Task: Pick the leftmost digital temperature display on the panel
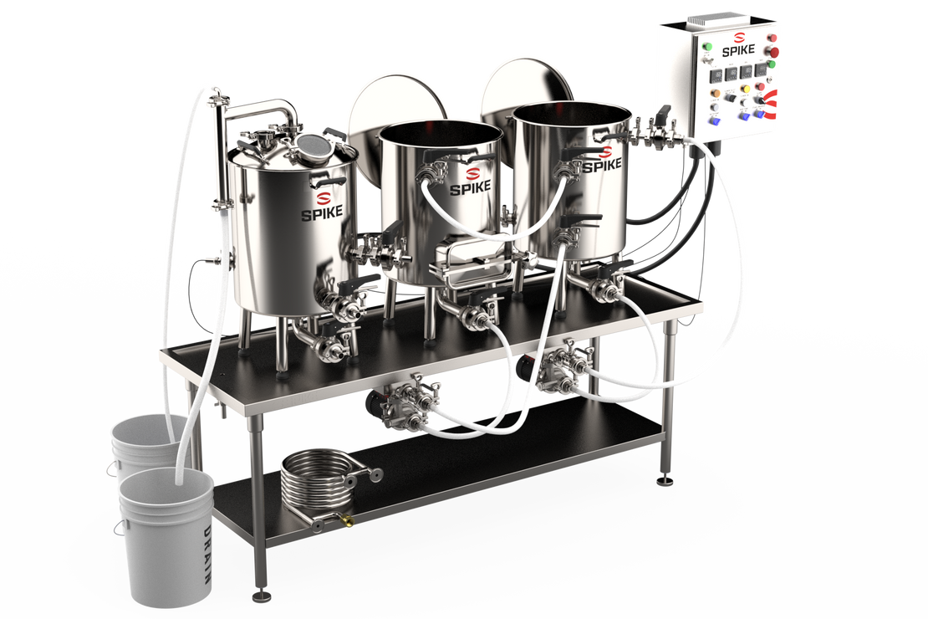[712, 73]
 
